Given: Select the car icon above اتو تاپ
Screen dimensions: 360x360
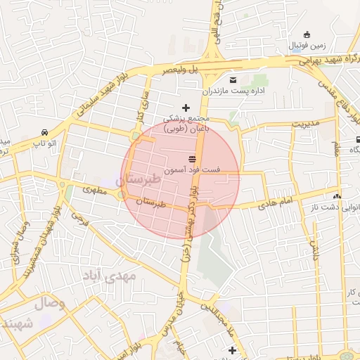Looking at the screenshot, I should pos(45,132).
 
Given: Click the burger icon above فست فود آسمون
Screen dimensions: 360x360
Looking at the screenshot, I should pos(192,157).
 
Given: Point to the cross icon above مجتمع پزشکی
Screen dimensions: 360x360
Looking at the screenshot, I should pos(186,108).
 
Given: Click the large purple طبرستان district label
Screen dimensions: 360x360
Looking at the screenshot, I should pos(141,179).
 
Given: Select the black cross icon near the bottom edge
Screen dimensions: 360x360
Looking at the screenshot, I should pos(232,349).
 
